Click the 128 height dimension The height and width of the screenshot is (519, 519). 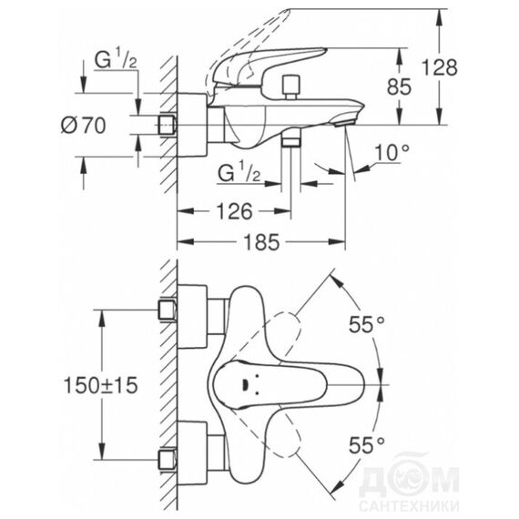click(439, 67)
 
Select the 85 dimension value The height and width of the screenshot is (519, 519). click(399, 86)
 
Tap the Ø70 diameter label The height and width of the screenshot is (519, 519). click(84, 126)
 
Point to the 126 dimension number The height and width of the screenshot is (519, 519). click(234, 211)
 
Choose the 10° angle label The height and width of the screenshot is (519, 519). click(392, 152)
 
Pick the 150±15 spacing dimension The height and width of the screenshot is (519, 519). click(100, 385)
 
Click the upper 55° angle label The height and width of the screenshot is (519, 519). click(367, 324)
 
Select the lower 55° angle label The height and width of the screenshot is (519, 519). click(367, 445)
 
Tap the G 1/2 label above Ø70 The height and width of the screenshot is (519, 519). click(116, 60)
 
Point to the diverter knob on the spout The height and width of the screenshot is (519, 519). click(291, 87)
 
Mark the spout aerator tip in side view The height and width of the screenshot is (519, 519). click(344, 124)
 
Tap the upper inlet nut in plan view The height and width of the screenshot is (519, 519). click(168, 310)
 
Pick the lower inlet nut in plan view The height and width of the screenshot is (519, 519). click(168, 459)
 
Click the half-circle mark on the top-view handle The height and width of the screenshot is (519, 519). click(245, 385)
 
